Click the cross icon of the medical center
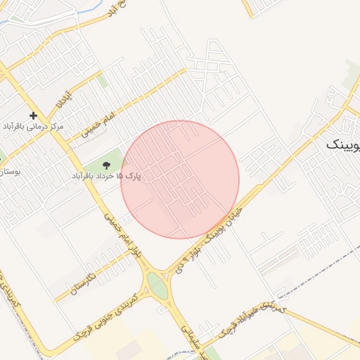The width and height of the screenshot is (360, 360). click(32, 115)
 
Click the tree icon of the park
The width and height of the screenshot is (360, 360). click(106, 165)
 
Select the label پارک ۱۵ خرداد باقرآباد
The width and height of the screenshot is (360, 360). click(105, 176)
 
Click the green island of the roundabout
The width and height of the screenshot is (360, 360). click(158, 285)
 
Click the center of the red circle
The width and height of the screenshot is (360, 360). click(180, 179)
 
